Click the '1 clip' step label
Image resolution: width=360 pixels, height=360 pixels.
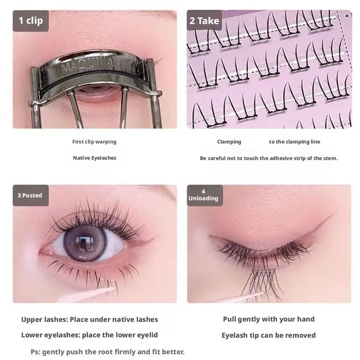point(31,20)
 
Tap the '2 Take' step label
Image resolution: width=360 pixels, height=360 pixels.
point(204,21)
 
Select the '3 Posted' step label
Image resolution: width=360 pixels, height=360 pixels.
point(30,195)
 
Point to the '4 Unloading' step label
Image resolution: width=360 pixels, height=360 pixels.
point(204,195)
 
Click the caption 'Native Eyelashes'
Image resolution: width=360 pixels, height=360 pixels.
point(94,158)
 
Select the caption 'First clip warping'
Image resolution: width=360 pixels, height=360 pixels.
point(94,142)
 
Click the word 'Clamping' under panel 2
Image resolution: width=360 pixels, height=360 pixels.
point(229,142)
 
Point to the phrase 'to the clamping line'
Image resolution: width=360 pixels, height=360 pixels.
point(294,142)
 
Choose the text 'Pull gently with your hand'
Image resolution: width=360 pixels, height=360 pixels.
point(269,319)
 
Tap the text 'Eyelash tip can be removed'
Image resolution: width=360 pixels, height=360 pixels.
point(269,336)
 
